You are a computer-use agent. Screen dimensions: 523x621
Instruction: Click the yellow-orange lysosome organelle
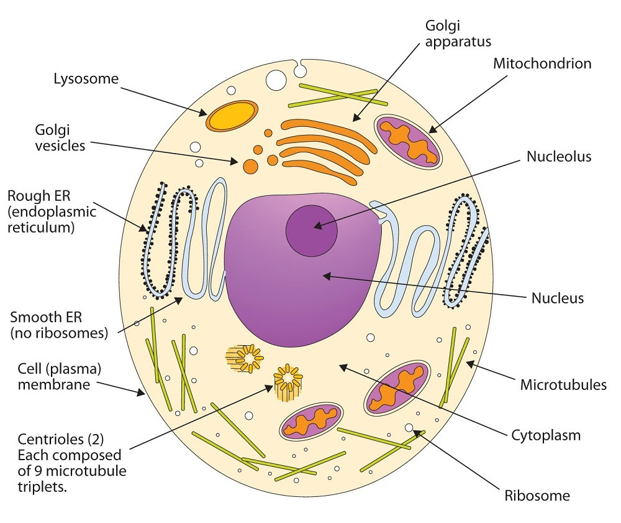pyautogui.click(x=232, y=116)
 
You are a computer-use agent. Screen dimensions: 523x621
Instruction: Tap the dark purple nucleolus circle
pyautogui.click(x=312, y=230)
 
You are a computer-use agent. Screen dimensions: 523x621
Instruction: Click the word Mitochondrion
pyautogui.click(x=542, y=63)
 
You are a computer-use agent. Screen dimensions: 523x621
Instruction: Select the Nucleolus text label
pyautogui.click(x=559, y=157)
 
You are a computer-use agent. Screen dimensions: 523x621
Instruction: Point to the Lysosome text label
pyautogui.click(x=86, y=79)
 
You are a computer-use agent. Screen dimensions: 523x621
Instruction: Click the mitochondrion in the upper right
pyautogui.click(x=409, y=142)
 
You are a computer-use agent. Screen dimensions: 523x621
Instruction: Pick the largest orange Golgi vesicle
pyautogui.click(x=251, y=166)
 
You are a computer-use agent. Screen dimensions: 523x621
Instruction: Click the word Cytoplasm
pyautogui.click(x=546, y=435)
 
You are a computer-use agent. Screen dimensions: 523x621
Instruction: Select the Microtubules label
pyautogui.click(x=563, y=385)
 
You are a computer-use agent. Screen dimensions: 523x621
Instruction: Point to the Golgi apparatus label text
pyautogui.click(x=458, y=34)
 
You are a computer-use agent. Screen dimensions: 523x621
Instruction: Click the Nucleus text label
pyautogui.click(x=558, y=298)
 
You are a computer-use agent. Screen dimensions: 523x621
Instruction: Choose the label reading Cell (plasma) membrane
pyautogui.click(x=54, y=376)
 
